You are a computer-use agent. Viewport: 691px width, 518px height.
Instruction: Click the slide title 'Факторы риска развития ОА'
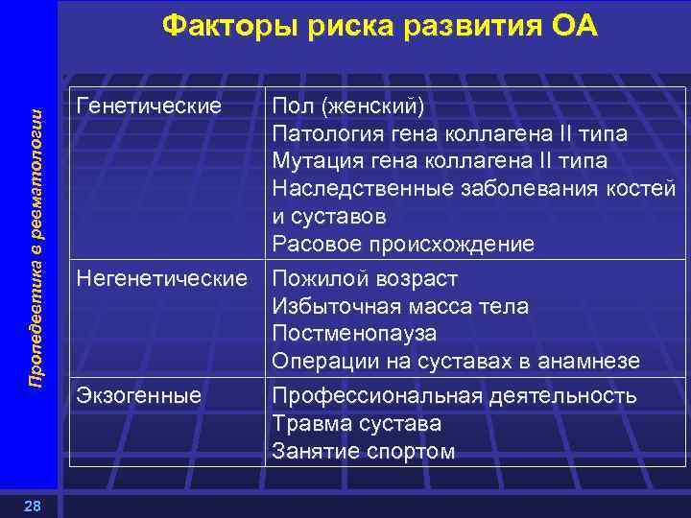pyautogui.click(x=380, y=26)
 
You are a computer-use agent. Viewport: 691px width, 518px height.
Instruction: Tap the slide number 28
pyautogui.click(x=33, y=506)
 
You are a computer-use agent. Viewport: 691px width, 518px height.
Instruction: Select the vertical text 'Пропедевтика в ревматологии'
pyautogui.click(x=36, y=247)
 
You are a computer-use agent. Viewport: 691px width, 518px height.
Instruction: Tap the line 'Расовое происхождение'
pyautogui.click(x=403, y=245)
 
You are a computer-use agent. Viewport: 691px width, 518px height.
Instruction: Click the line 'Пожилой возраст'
pyautogui.click(x=365, y=279)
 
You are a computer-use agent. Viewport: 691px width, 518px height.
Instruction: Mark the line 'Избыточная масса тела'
pyautogui.click(x=400, y=307)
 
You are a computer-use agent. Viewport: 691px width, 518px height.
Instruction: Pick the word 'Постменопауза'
pyautogui.click(x=354, y=334)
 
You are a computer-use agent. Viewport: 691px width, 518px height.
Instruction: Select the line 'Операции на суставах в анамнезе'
pyautogui.click(x=456, y=362)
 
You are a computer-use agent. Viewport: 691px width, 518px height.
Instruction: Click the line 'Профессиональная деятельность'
pyautogui.click(x=454, y=395)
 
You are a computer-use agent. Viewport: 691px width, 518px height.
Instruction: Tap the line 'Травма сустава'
pyautogui.click(x=356, y=423)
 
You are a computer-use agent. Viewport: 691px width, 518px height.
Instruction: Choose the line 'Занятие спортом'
pyautogui.click(x=364, y=451)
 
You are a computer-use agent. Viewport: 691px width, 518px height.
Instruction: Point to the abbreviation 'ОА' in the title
pyautogui.click(x=572, y=26)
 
